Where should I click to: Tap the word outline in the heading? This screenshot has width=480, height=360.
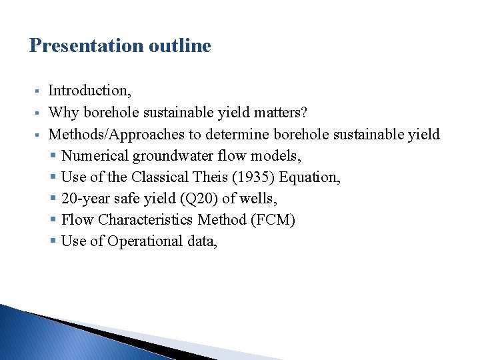(181, 46)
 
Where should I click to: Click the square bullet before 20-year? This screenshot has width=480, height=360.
(54, 199)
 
